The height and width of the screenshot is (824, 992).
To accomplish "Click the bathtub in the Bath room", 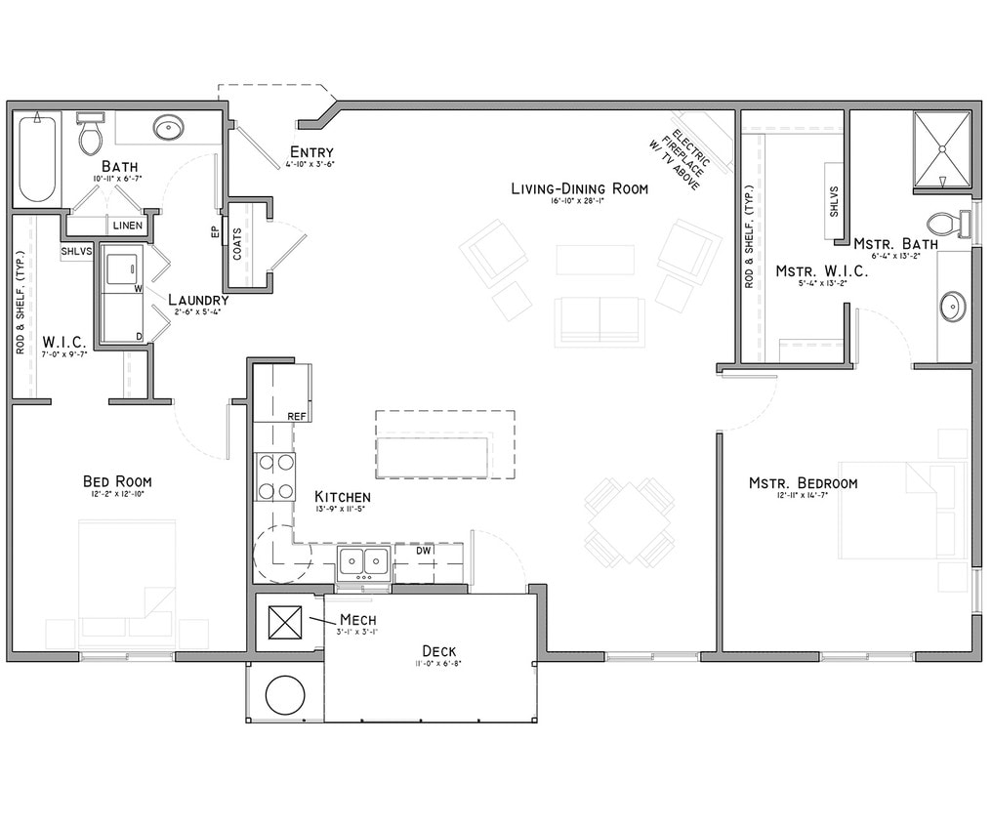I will pyautogui.click(x=37, y=157).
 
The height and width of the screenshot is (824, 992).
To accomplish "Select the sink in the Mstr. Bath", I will pyautogui.click(x=952, y=307).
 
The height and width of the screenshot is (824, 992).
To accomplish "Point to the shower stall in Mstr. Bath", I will pyautogui.click(x=942, y=148).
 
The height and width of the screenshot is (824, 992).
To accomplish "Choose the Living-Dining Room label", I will pyautogui.click(x=579, y=188).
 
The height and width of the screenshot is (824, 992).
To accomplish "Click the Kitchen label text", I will pyautogui.click(x=342, y=497).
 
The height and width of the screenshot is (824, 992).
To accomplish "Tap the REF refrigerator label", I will pyautogui.click(x=297, y=416).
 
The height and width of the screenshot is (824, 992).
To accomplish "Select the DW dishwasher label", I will pyautogui.click(x=423, y=551).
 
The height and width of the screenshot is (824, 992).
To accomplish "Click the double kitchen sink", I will pyautogui.click(x=363, y=561).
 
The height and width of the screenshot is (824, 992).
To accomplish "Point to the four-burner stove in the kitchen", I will pyautogui.click(x=275, y=476).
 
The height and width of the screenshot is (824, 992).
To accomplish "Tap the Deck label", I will pyautogui.click(x=438, y=651).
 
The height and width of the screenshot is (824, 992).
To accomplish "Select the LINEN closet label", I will pyautogui.click(x=127, y=226).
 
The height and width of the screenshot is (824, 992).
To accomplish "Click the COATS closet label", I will pyautogui.click(x=237, y=248).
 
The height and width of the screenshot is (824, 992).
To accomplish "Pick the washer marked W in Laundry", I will pyautogui.click(x=122, y=269).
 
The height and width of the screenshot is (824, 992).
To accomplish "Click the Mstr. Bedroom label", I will pyautogui.click(x=803, y=483).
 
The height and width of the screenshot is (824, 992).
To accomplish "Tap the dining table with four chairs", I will pyautogui.click(x=629, y=522).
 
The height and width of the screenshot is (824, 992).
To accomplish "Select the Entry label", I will pyautogui.click(x=311, y=152).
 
